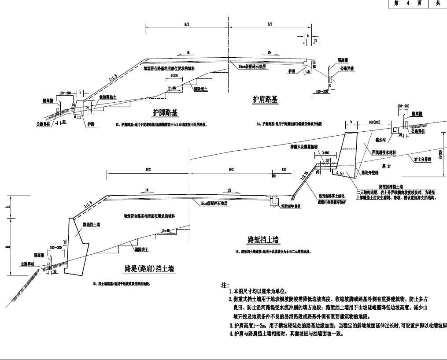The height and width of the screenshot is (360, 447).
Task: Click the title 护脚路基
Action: tap(166, 112)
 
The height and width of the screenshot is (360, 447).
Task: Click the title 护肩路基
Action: tap(265, 100)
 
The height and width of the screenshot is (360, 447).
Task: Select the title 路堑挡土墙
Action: tap(264, 240)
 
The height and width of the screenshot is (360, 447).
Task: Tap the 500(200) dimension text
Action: tap(374, 122)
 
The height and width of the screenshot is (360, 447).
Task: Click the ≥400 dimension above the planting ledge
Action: tap(326, 152)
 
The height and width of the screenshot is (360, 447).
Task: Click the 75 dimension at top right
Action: tap(315, 40)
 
